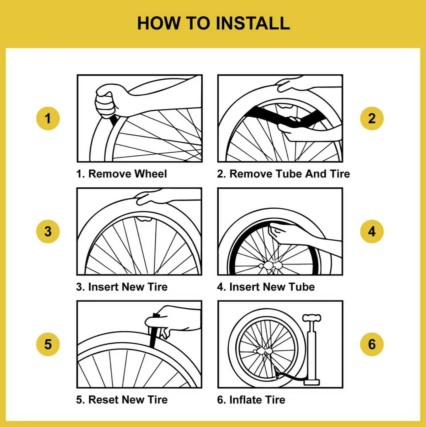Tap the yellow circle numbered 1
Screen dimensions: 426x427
pos(48,118)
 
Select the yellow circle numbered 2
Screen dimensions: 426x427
pos(372,118)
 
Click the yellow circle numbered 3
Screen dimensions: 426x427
pos(48,231)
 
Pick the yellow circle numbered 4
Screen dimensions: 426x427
pos(372,231)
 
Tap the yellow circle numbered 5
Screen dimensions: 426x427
pos(48,344)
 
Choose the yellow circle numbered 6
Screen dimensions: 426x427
pos(372,344)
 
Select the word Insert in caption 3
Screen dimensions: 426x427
pos(103,287)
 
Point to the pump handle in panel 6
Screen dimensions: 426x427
pos(312,317)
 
